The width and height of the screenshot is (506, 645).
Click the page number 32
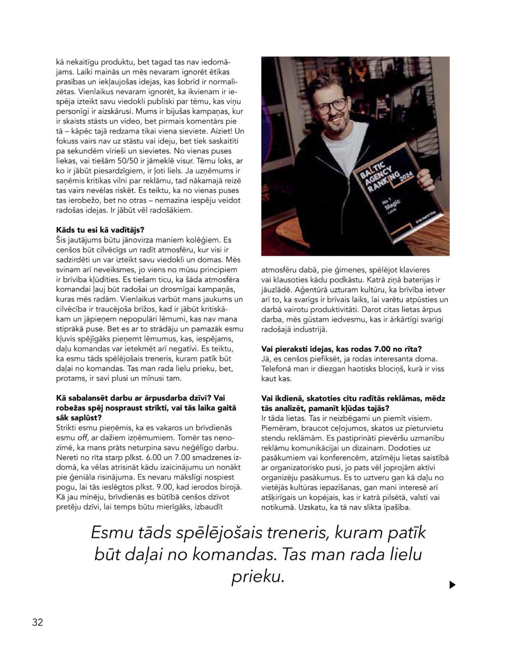click(x=37, y=622)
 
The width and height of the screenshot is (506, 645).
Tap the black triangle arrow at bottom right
click(x=452, y=585)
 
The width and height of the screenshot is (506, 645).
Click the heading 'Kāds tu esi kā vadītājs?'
click(x=100, y=229)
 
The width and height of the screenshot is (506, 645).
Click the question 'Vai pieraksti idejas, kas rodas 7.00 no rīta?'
click(x=342, y=349)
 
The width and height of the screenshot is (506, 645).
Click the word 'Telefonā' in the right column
click(x=277, y=368)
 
